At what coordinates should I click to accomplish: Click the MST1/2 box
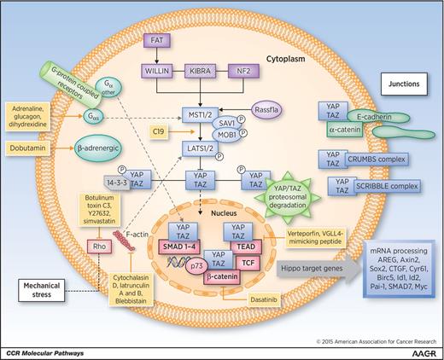[x=202, y=113]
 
